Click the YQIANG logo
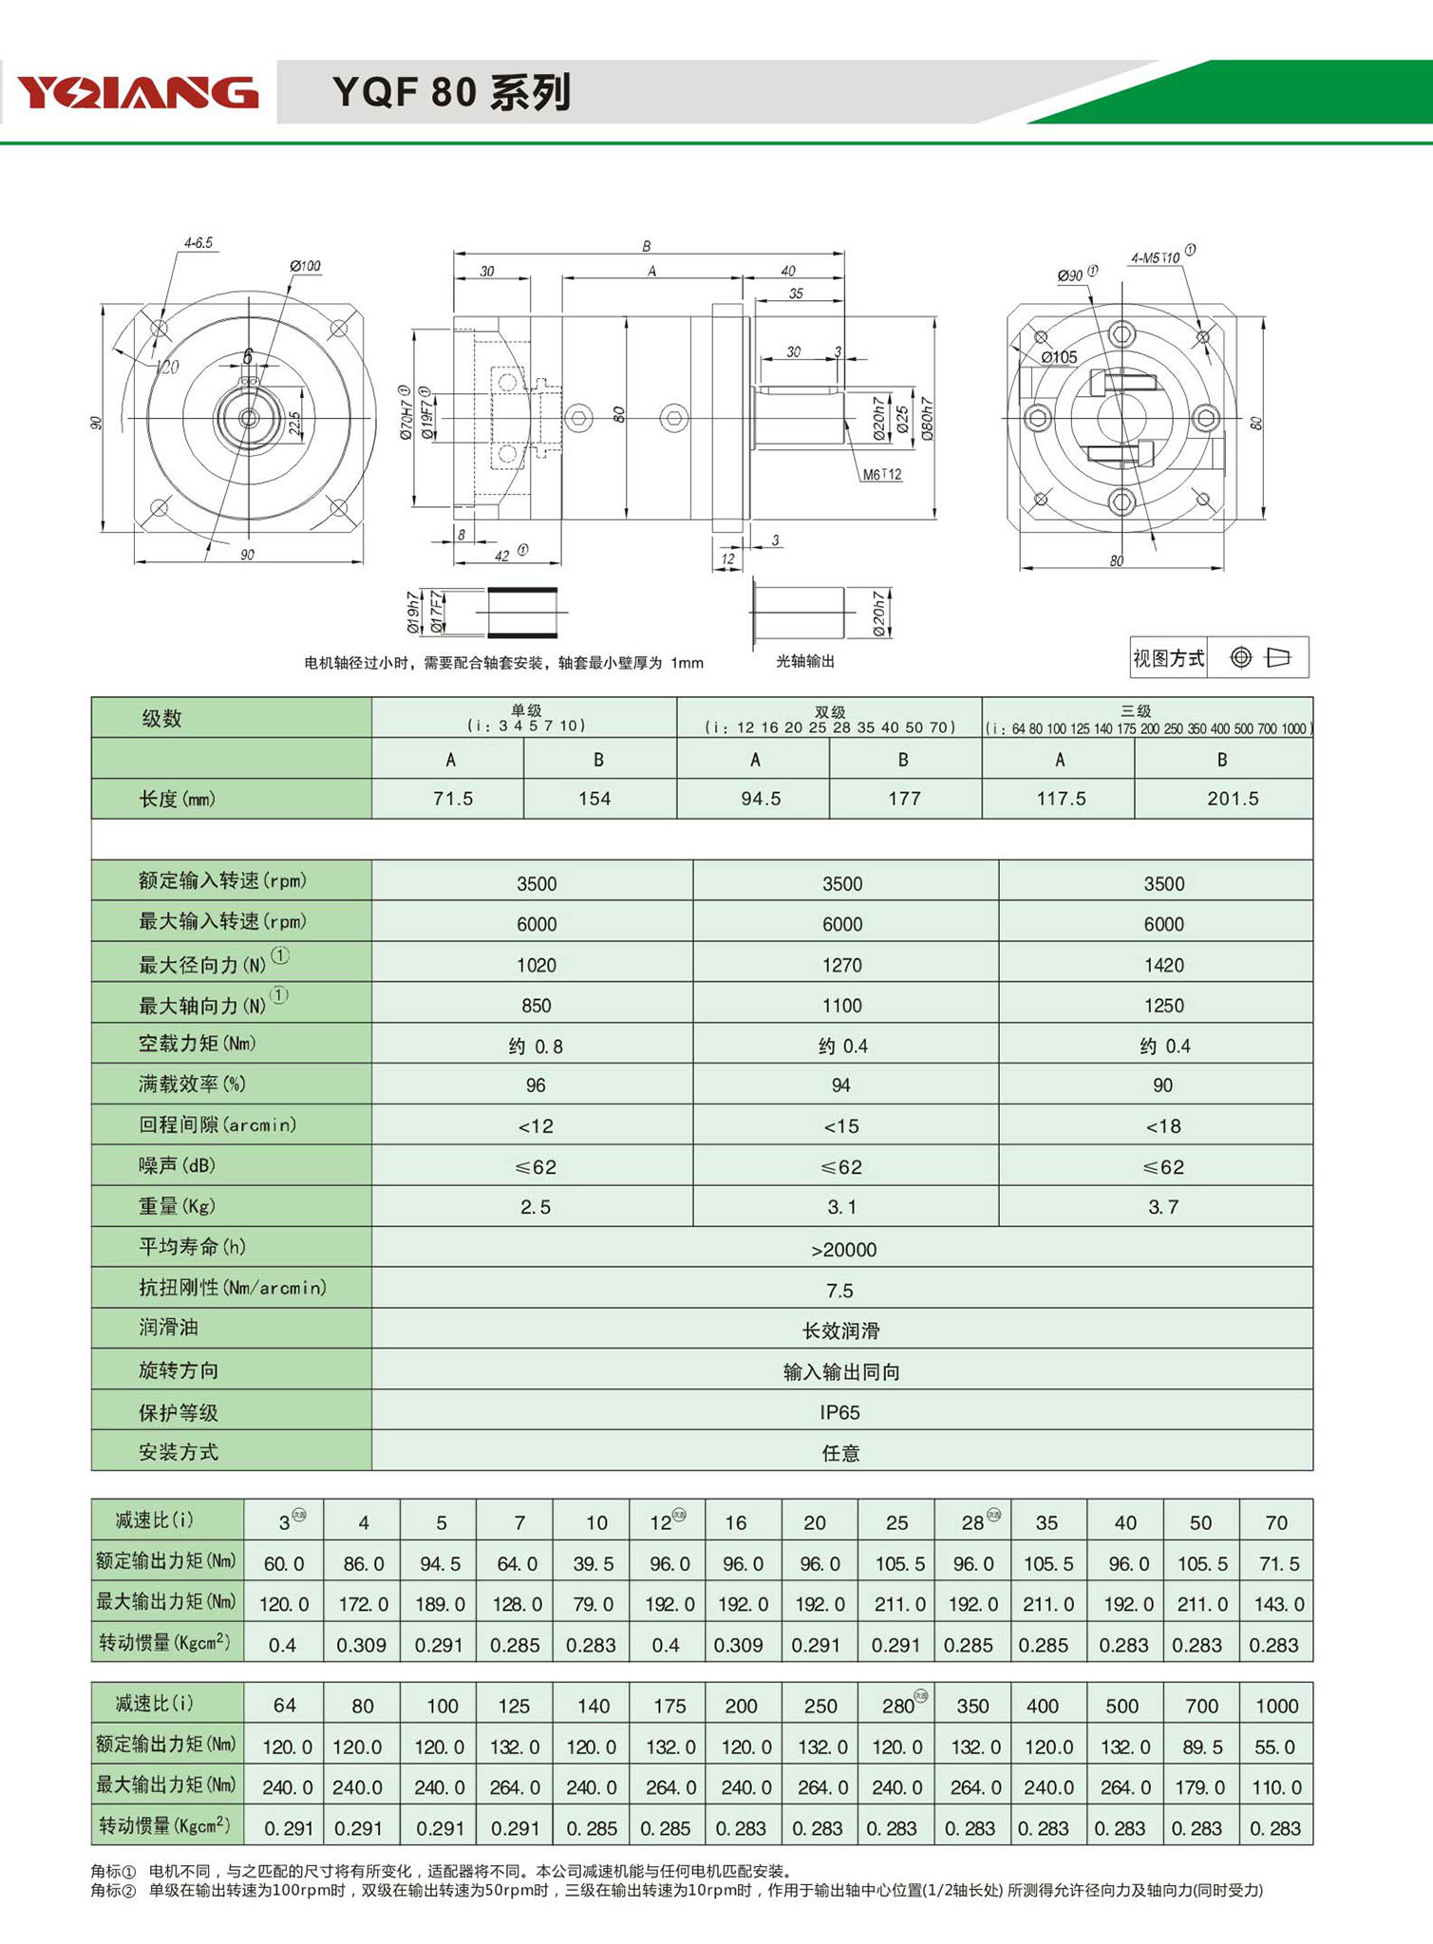138,92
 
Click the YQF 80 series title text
451,92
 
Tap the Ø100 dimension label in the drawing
305,266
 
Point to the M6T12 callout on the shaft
881,474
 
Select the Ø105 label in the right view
1059,357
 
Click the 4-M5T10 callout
1157,257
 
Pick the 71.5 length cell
452,799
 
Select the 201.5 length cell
1232,799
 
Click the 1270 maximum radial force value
841,965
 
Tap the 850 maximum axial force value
536,1006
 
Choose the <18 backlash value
1162,1126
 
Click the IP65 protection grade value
839,1412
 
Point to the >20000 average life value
843,1250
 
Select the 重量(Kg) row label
178,1206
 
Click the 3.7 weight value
1162,1207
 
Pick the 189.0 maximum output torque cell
440,1604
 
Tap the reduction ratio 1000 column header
1275,1706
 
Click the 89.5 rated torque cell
1200,1746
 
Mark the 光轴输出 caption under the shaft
805,661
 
